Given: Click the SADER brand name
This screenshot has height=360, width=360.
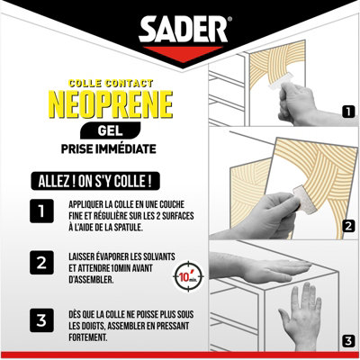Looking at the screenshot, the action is pos(183,29).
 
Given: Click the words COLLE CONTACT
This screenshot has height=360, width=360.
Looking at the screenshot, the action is pos(111,83).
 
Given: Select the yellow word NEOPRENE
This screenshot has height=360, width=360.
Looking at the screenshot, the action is pos(111,104).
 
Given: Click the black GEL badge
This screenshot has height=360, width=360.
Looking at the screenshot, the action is pos(110,130).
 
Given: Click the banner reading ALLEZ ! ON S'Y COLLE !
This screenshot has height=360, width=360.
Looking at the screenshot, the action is pos(95,181).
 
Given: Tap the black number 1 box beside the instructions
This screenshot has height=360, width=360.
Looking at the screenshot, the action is pos(41,211).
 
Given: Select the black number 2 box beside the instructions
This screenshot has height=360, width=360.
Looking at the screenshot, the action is pos(41,263).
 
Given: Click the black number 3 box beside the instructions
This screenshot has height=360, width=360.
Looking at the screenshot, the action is pos(41,320).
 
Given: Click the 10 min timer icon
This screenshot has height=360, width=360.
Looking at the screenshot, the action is pos(188,276).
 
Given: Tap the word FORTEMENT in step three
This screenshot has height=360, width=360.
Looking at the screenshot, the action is pos(87,337).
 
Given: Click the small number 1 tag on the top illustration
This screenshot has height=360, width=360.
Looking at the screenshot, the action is pos(348,112).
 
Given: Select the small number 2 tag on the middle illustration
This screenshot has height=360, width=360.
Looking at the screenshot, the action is pos(348,226).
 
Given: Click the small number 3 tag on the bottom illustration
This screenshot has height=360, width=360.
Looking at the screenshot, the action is pos(348,341).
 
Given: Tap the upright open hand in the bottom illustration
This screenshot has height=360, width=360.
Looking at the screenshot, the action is pos(301,316).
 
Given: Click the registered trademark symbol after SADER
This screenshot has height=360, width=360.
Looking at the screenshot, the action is pos(229,19).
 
